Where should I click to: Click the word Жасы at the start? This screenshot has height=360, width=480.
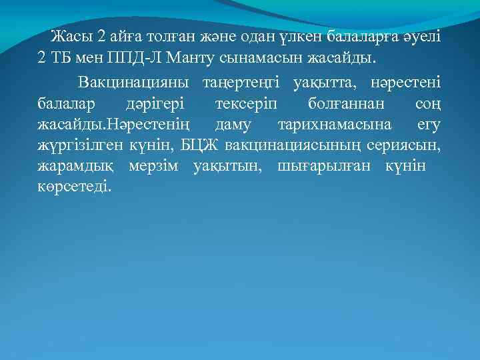tap(71, 35)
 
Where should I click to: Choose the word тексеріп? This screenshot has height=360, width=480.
tap(249, 104)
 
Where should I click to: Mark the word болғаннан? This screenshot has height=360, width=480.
tap(347, 104)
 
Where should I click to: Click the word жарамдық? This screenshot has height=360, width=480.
tap(71, 166)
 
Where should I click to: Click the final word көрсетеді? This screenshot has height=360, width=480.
tap(75, 187)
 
